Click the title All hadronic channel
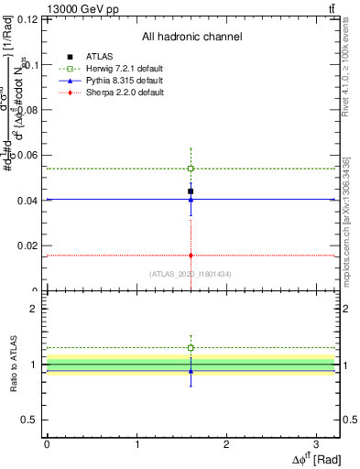tap(191, 37)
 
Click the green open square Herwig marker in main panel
tap(191, 169)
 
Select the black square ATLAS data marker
tap(191, 191)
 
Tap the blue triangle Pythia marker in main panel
tap(191, 199)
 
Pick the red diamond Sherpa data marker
tap(191, 256)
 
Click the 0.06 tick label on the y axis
tap(30, 155)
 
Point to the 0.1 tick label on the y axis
tap(33, 65)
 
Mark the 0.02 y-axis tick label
tap(30, 245)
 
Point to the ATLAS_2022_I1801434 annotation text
tap(191, 274)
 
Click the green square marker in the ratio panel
tap(191, 348)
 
